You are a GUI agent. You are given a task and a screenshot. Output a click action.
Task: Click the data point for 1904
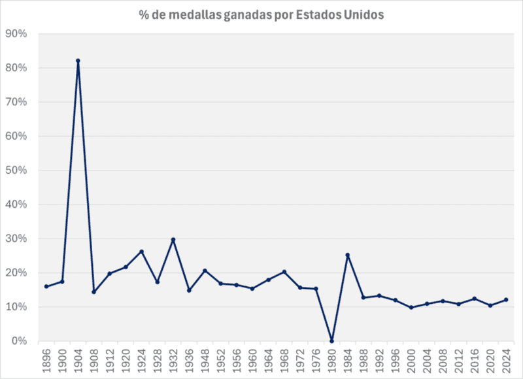click(78, 61)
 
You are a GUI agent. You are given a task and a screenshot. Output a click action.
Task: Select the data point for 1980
click(331, 341)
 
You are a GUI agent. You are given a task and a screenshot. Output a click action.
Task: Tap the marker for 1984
click(348, 255)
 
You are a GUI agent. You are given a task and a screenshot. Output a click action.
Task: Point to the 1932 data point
click(173, 239)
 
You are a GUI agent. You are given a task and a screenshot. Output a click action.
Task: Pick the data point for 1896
click(46, 286)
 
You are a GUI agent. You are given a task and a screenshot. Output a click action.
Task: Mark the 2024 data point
click(506, 300)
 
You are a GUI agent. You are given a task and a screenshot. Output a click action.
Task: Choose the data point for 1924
click(141, 251)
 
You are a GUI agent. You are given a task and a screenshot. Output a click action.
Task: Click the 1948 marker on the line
click(205, 271)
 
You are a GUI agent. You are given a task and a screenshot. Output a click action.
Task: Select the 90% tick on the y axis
click(16, 34)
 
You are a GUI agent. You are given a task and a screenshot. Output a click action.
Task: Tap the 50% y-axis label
click(16, 171)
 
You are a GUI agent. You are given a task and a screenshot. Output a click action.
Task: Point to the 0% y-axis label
click(19, 341)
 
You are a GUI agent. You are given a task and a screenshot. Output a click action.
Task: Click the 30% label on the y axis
click(16, 239)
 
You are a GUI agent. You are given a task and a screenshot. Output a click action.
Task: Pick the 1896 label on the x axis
click(46, 361)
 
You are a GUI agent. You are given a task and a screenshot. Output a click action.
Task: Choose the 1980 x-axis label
click(331, 361)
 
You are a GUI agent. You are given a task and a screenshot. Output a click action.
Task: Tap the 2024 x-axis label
click(506, 361)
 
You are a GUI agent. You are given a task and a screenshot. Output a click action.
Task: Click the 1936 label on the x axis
click(189, 361)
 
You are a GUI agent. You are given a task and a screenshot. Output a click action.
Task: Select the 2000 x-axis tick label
click(411, 361)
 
